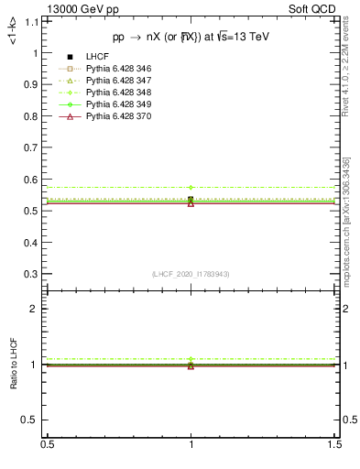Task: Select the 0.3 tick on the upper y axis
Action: tap(34, 274)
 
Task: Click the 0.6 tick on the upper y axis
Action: tap(34, 180)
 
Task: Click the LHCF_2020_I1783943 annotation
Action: tap(191, 275)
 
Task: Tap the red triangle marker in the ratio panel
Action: tap(191, 365)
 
